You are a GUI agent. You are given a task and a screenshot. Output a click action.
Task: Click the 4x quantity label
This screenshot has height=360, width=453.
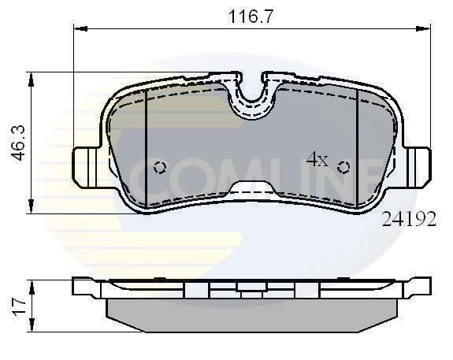pyautogui.click(x=317, y=159)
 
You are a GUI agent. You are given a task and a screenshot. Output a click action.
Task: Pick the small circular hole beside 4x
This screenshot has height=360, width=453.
pyautogui.click(x=343, y=166)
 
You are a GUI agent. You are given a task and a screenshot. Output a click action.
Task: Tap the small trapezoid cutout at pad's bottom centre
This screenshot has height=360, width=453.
pyautogui.click(x=251, y=189)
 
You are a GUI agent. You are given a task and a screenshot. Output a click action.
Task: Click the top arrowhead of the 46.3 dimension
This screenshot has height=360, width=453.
pyautogui.click(x=31, y=77)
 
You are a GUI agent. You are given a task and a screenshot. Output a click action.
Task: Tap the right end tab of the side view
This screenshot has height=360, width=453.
pyautogui.click(x=419, y=287)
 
